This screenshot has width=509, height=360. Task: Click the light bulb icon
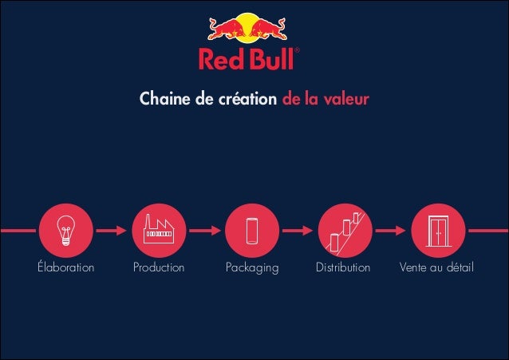pos(66,230)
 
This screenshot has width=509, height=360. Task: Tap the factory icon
pos(159,230)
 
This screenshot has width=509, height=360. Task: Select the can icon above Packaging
pos(252,230)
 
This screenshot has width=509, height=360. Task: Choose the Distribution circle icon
pos(345,230)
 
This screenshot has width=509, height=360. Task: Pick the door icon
pos(437,230)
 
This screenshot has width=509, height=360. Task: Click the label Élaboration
pos(66,267)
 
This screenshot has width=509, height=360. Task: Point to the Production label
pos(159,267)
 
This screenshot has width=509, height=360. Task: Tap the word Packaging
pos(252,267)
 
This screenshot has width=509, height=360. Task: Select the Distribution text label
pos(345,267)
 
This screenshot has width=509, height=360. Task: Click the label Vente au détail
pos(437,267)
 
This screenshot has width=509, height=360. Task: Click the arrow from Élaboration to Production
pos(112,230)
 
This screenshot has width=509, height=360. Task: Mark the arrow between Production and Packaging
pos(206,230)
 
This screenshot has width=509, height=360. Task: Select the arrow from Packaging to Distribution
pos(298,230)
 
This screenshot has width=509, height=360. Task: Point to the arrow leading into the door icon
pos(391,230)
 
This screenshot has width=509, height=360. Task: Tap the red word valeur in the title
pos(347,101)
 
